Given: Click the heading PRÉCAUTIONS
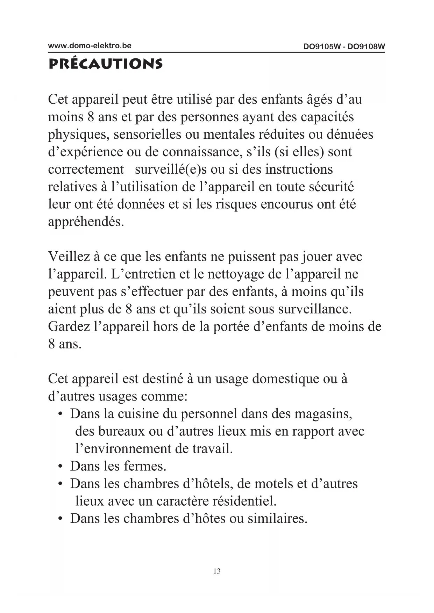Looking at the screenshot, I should point(105,64).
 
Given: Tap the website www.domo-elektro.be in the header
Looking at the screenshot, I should point(90,45).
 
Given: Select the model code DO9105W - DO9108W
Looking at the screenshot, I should point(344,46).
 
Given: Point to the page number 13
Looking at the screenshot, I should point(217,571).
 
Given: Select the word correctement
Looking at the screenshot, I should point(86,170).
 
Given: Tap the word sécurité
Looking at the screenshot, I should point(332,187).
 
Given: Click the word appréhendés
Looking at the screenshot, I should point(86,222).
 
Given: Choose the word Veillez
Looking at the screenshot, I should point(69,257).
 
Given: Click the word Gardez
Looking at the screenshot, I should point(69,326).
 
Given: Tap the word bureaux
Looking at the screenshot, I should point(122,431).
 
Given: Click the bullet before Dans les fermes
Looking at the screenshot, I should point(61,467).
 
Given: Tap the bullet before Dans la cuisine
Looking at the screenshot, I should point(61,414).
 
